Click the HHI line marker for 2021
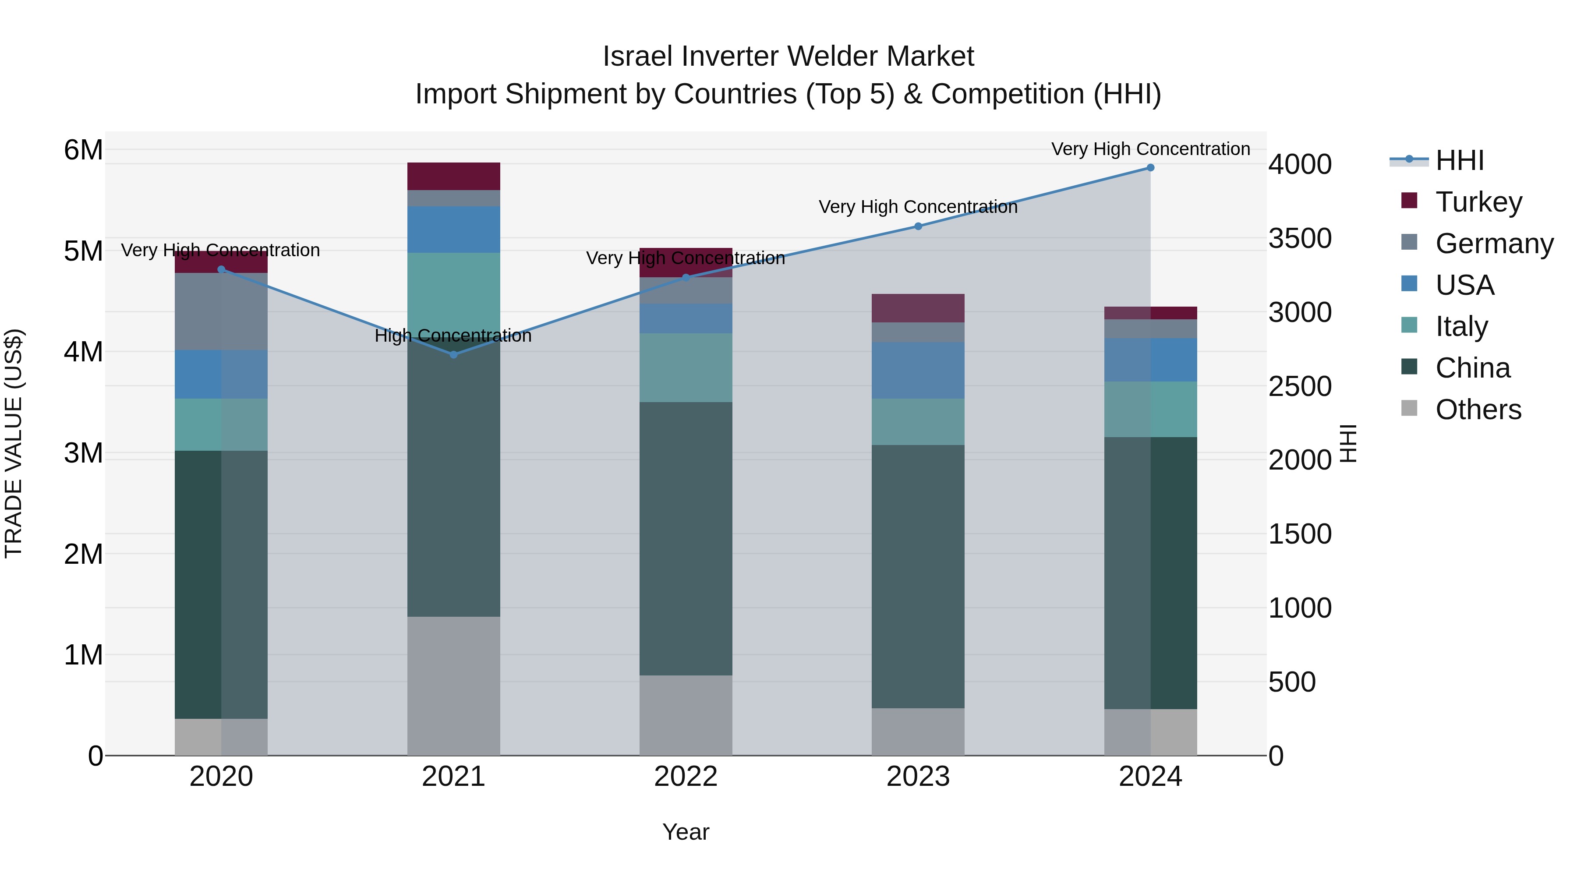(454, 354)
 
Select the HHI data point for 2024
(1150, 168)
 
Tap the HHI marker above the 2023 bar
(918, 226)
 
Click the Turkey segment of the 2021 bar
(454, 176)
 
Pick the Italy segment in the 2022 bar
(686, 368)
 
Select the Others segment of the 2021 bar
(454, 686)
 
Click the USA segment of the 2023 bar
(918, 370)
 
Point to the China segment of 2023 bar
(918, 576)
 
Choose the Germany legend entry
(1494, 244)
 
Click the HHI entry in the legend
(1460, 160)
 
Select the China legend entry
(1472, 368)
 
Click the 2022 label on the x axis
(686, 777)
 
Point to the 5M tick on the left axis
(83, 251)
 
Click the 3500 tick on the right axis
(1300, 238)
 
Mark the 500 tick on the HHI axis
(1292, 682)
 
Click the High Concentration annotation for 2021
(453, 336)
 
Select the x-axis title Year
(686, 832)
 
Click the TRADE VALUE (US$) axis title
(14, 443)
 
